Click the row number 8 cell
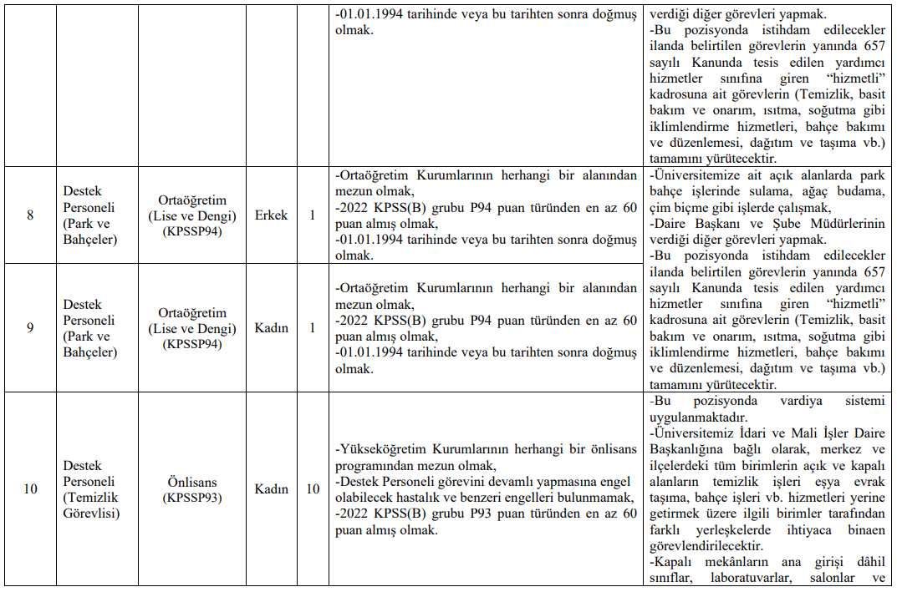click(30, 215)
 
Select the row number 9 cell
click(30, 328)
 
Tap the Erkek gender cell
click(271, 215)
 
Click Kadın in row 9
click(271, 328)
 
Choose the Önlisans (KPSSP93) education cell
click(193, 489)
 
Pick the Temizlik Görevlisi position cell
click(91, 489)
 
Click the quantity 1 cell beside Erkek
click(312, 215)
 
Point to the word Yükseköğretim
click(380, 449)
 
